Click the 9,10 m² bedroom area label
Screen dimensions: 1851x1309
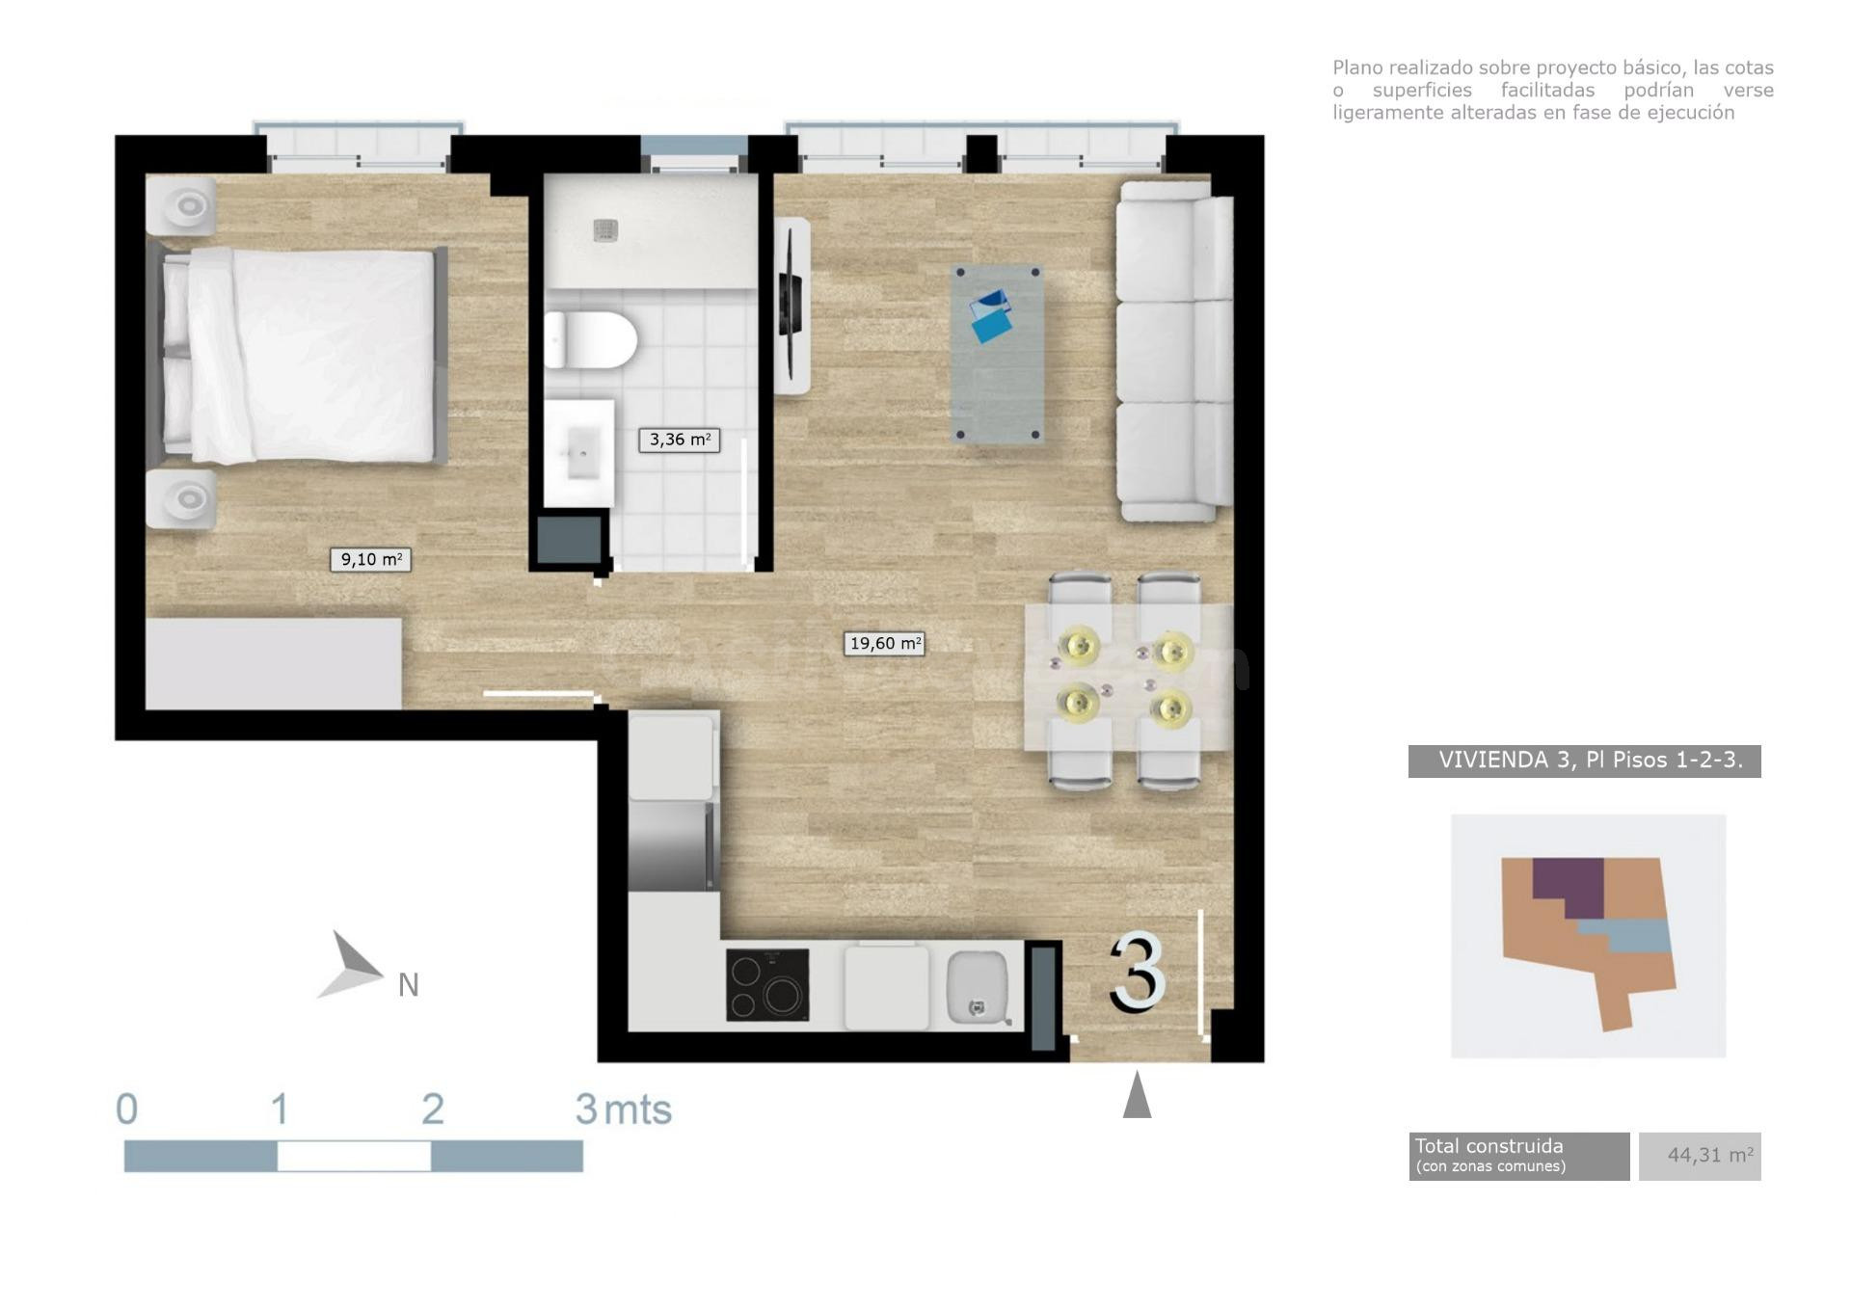(x=370, y=559)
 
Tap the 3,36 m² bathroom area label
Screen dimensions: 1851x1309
(x=679, y=440)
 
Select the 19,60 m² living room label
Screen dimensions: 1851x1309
(x=884, y=643)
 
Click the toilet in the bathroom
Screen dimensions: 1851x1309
(x=590, y=339)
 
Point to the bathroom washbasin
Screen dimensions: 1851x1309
(x=578, y=453)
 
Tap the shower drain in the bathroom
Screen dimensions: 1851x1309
(x=604, y=229)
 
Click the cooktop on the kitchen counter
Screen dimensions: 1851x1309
(x=767, y=985)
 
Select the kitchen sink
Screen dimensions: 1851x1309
(x=978, y=986)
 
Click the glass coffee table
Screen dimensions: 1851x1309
(x=998, y=354)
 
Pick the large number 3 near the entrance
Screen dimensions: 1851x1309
(x=1138, y=973)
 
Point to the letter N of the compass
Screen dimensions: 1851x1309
(x=409, y=985)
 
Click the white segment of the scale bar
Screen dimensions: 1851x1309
(x=354, y=1156)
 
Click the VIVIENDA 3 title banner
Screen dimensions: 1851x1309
(x=1585, y=761)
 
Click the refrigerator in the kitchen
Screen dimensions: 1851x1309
(x=673, y=844)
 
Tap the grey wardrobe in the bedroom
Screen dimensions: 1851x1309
(x=274, y=664)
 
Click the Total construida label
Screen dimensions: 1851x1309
(x=1489, y=1146)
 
